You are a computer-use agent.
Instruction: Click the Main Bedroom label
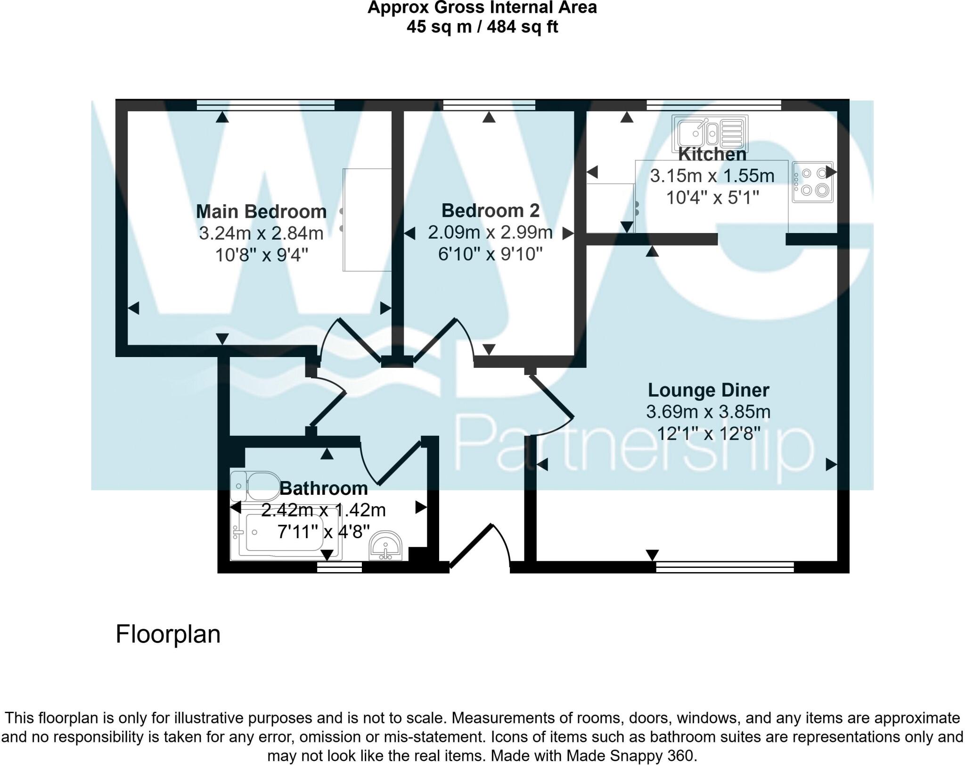pyautogui.click(x=261, y=211)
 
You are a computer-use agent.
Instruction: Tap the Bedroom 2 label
pyautogui.click(x=490, y=210)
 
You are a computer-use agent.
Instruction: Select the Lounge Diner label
pyautogui.click(x=708, y=390)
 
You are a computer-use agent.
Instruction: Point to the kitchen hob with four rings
pyautogui.click(x=812, y=182)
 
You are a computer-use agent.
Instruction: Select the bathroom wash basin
pyautogui.click(x=385, y=547)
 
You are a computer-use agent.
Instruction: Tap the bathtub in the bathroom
pyautogui.click(x=286, y=536)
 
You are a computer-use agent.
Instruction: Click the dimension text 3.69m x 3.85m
pyautogui.click(x=708, y=412)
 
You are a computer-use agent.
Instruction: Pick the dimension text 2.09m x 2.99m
pyautogui.click(x=490, y=233)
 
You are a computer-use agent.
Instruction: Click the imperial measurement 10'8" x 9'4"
pyautogui.click(x=261, y=255)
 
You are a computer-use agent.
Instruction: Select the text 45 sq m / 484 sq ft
pyautogui.click(x=482, y=27)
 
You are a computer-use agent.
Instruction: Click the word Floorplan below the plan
pyautogui.click(x=168, y=634)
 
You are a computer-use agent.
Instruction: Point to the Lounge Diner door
pyautogui.click(x=551, y=399)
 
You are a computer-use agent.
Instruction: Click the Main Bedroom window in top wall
pyautogui.click(x=265, y=105)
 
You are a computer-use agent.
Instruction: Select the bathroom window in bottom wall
pyautogui.click(x=339, y=568)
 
